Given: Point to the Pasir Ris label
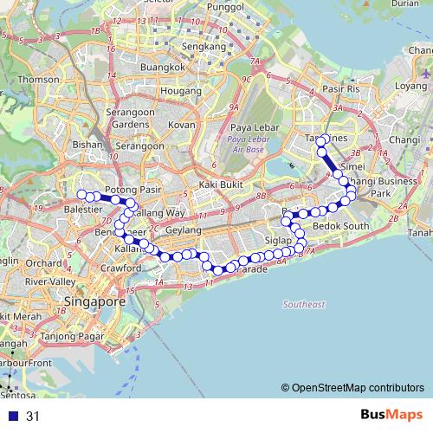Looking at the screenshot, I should point(339,89).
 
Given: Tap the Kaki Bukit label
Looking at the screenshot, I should point(219,184).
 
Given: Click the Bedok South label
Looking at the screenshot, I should point(346,226).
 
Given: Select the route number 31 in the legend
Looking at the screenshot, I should point(33,417).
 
